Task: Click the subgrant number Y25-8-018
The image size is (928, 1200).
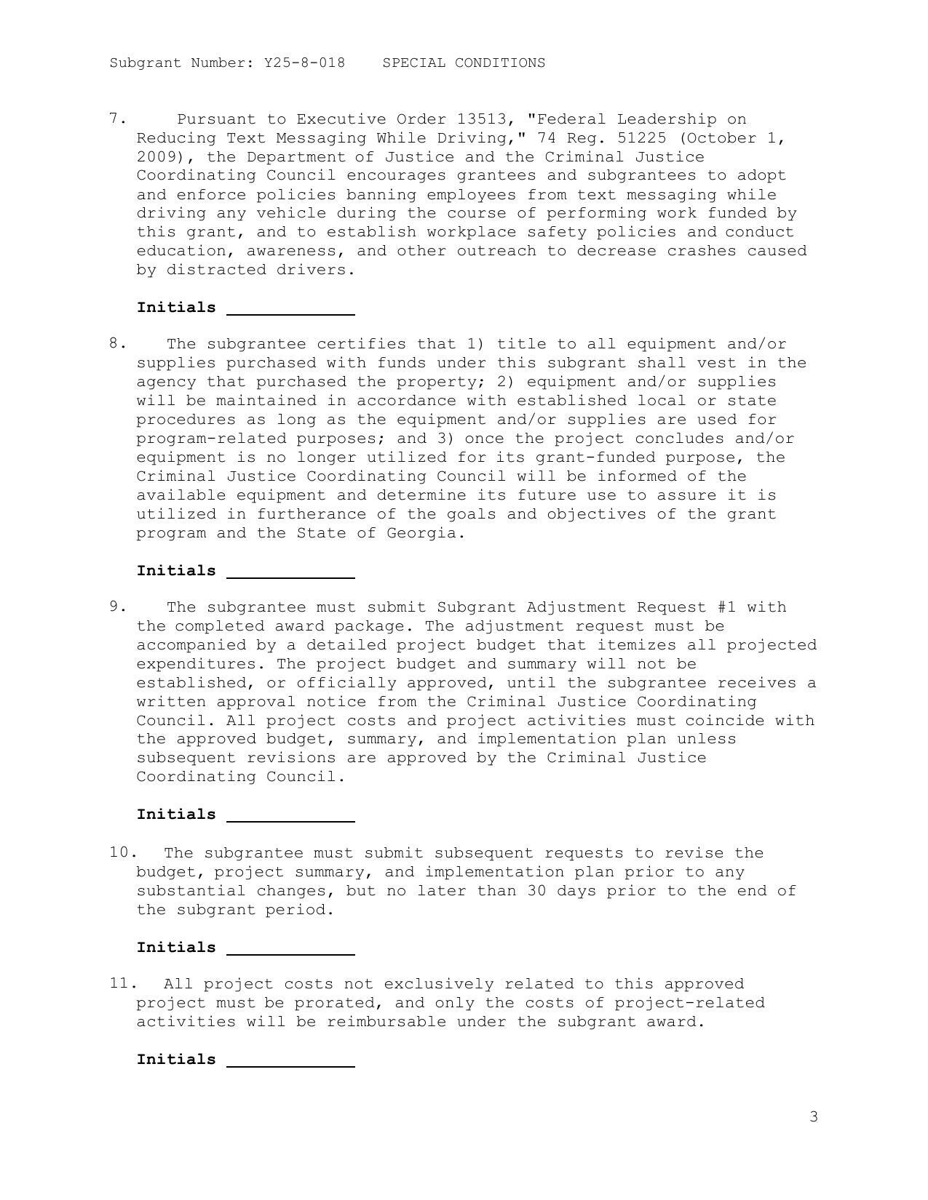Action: click(304, 63)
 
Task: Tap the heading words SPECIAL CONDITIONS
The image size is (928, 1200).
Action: click(464, 63)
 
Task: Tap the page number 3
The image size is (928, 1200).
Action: click(814, 1116)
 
